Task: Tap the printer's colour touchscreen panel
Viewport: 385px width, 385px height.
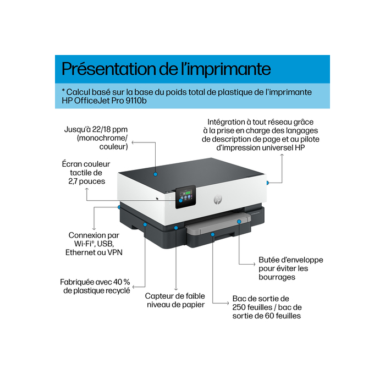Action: click(186, 197)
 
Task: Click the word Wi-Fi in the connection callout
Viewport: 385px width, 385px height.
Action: click(81, 243)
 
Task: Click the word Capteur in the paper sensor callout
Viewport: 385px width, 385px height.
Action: click(160, 296)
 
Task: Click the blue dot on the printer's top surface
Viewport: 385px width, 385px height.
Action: click(156, 173)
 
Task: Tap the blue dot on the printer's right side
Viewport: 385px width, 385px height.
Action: click(267, 182)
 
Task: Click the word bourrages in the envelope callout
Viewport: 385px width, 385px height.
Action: click(277, 277)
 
